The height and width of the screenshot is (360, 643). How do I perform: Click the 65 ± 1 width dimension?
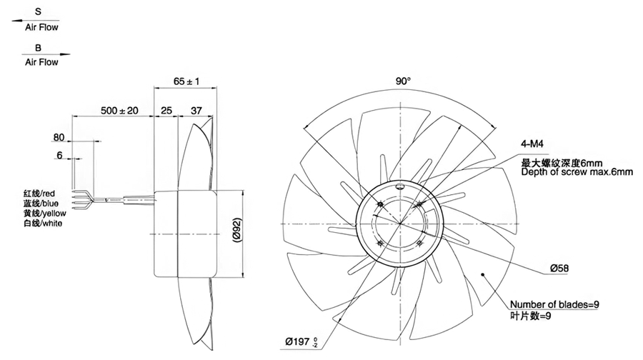point(186,81)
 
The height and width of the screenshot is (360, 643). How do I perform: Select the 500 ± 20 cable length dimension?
point(120,110)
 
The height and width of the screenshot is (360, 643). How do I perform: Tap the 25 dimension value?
point(166,111)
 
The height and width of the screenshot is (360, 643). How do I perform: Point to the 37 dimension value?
point(196,111)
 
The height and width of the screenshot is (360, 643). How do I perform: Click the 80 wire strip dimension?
point(59,137)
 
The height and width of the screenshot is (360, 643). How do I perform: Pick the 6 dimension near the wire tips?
point(60,155)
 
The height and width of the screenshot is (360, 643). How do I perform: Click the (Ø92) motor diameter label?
point(236,231)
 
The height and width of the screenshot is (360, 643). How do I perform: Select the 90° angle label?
point(403,81)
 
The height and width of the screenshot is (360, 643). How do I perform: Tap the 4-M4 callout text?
point(532,144)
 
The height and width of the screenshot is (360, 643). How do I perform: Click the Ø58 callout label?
point(559,269)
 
